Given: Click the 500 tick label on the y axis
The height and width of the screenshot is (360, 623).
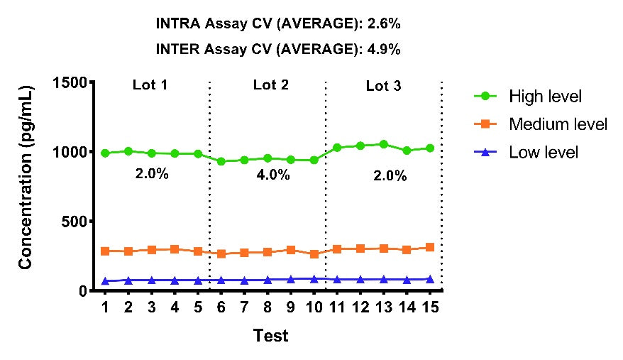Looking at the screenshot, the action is point(74,222).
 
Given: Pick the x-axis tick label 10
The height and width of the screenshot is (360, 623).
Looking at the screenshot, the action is point(314,307).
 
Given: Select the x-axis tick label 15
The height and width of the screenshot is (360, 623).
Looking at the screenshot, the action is point(429,307).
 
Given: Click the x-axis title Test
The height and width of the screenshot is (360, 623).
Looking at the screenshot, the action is point(270,335).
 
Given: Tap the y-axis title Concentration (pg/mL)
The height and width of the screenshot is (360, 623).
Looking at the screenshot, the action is point(26,178).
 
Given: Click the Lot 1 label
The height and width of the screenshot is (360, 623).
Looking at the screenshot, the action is point(150,85).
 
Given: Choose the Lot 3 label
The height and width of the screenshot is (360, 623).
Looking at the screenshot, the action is point(383,86).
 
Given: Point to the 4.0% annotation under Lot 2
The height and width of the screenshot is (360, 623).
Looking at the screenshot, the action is point(273,175).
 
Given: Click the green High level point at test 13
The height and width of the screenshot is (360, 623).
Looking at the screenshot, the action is point(383,144).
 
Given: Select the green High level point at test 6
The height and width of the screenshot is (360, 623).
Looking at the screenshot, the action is point(221,161).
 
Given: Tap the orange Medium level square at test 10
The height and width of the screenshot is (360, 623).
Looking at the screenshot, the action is point(314,253).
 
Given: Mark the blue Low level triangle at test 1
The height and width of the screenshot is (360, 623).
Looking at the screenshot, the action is point(105,281).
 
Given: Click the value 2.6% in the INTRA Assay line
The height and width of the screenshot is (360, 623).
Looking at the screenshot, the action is point(384,23).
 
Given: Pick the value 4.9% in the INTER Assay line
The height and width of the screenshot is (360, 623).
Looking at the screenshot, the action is point(384,49).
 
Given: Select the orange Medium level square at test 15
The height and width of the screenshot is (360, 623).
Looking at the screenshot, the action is point(429,247).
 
